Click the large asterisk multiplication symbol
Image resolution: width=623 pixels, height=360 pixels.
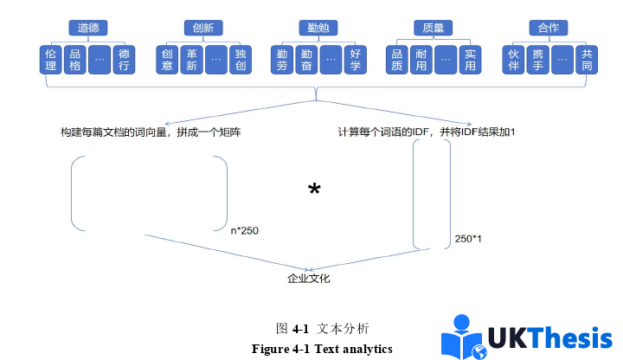point(314,190)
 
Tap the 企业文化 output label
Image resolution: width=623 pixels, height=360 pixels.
point(308,279)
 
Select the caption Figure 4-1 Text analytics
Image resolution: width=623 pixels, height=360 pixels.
point(322,349)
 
